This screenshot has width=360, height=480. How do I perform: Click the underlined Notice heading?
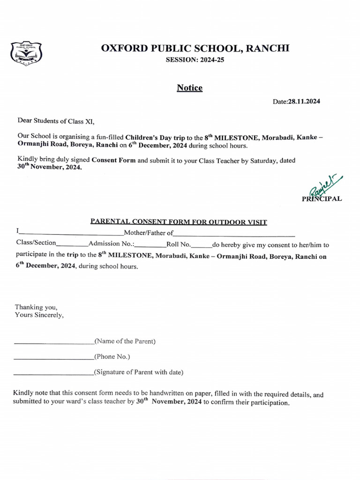[x=189, y=88]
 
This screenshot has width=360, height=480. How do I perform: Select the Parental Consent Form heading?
[x=179, y=222]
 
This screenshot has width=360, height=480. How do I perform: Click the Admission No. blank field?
[x=150, y=245]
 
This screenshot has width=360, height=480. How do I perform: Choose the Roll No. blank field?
[x=202, y=245]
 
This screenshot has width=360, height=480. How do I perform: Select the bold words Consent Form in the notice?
[x=113, y=160]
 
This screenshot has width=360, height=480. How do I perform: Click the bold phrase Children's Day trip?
[x=155, y=137]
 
